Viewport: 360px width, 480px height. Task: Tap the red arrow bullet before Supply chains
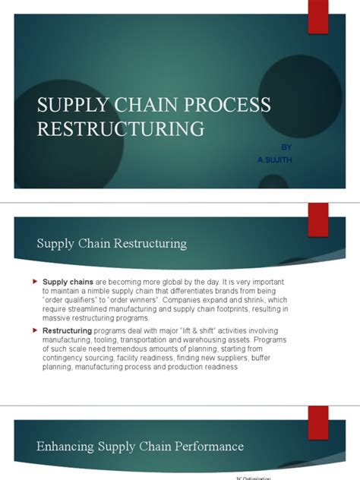coord(34,282)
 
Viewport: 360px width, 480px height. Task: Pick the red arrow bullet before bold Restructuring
coord(34,330)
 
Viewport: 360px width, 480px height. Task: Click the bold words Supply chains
coord(66,282)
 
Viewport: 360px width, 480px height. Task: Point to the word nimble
coord(100,291)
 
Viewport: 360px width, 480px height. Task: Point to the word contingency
coord(67,358)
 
